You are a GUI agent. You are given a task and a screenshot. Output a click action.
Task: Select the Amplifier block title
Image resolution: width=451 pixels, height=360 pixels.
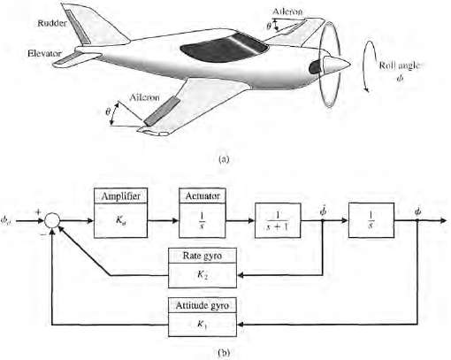(x=118, y=195)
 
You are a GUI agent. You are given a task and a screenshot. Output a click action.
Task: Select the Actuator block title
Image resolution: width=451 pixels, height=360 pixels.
(x=203, y=195)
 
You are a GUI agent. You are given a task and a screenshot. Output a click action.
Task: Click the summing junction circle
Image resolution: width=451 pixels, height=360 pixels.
(x=54, y=217)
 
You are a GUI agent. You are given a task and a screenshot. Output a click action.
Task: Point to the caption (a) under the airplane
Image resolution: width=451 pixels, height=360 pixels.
(x=223, y=160)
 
